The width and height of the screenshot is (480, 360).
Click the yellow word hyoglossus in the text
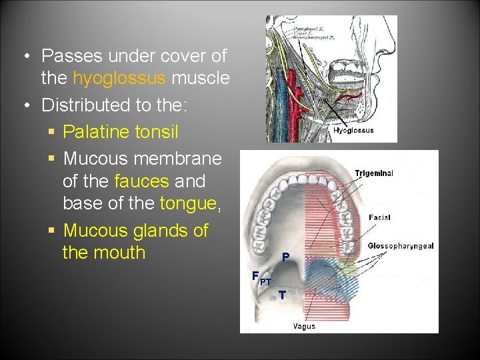pyautogui.click(x=119, y=79)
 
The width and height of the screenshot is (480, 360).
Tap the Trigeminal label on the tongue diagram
pyautogui.click(x=374, y=173)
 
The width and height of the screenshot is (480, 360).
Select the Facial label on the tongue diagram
pyautogui.click(x=379, y=217)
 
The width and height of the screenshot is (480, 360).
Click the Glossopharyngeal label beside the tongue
pyautogui.click(x=401, y=246)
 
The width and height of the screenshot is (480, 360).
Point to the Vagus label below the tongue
pyautogui.click(x=303, y=326)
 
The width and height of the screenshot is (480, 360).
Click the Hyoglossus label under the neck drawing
pyautogui.click(x=353, y=131)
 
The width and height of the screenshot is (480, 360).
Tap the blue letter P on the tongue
pyautogui.click(x=285, y=257)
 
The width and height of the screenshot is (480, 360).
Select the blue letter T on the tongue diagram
pyautogui.click(x=282, y=295)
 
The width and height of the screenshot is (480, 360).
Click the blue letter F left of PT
pyautogui.click(x=255, y=276)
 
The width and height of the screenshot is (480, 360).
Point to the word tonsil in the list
pyautogui.click(x=156, y=132)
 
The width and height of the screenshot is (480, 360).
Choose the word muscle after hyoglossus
pyautogui.click(x=201, y=79)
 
